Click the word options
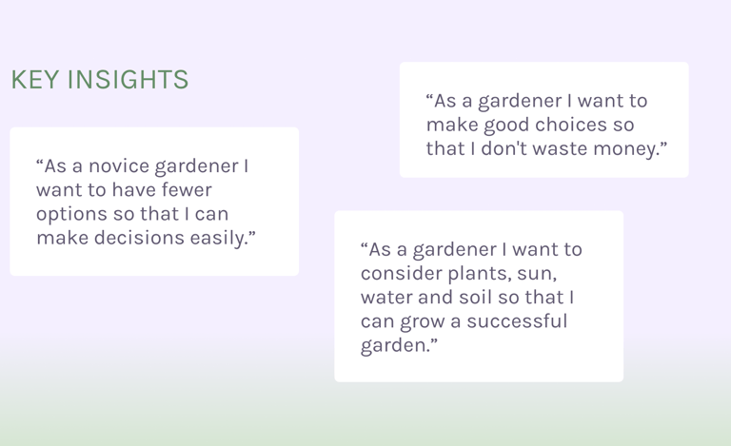coord(69,214)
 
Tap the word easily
coord(223,238)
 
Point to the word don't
coord(524,148)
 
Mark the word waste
coord(582,148)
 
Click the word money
coord(638,148)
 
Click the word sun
coord(534,274)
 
